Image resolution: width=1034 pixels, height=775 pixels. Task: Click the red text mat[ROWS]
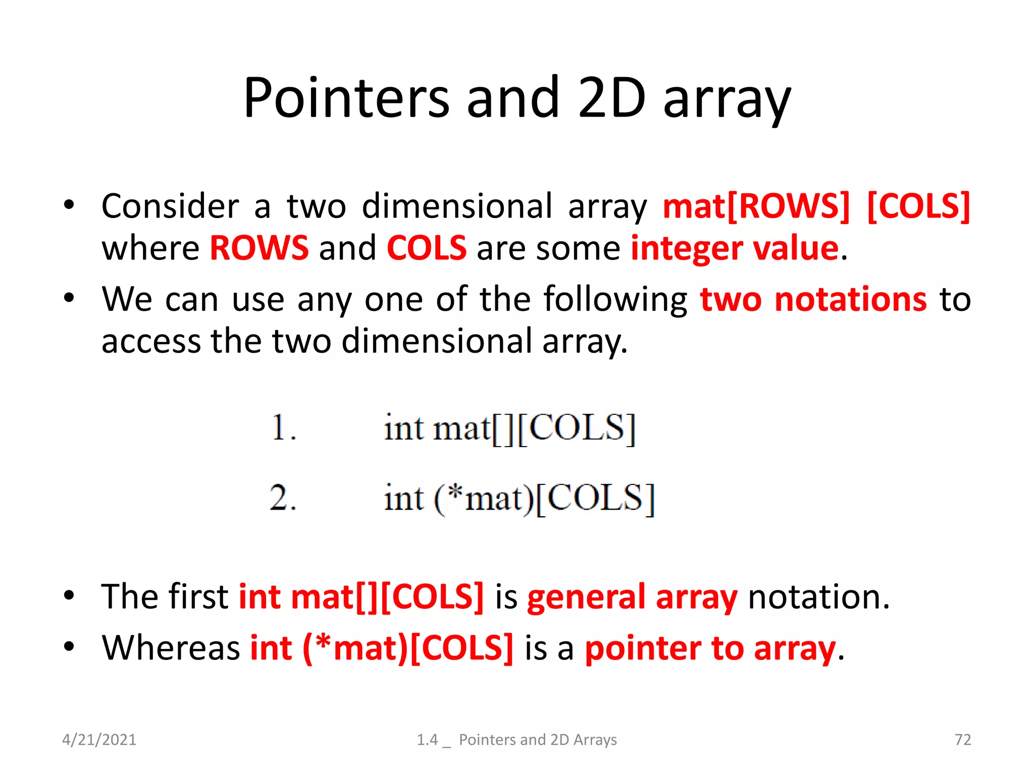[x=756, y=206]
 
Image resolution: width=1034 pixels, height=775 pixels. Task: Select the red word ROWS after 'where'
[x=259, y=248]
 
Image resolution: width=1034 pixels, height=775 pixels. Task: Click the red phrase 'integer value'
[x=735, y=248]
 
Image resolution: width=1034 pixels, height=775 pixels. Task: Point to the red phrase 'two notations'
[x=813, y=299]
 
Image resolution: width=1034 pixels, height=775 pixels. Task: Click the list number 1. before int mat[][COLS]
[x=283, y=428]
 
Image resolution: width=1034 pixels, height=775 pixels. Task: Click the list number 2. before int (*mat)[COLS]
[x=283, y=498]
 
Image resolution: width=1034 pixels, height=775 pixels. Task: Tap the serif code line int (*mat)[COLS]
[x=519, y=499]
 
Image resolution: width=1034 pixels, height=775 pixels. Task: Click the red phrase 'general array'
[x=632, y=597]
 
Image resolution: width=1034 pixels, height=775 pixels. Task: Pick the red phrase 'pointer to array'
[x=710, y=648]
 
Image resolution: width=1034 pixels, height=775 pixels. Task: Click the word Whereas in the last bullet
[x=171, y=648]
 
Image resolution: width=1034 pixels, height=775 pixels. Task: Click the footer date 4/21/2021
[x=99, y=740]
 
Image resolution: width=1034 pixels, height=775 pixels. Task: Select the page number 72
[x=962, y=740]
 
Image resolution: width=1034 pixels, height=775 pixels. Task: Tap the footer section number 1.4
[x=427, y=740]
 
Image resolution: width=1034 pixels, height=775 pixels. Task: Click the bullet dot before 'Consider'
[x=69, y=205]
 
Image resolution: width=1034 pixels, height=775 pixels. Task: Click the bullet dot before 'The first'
[x=69, y=595]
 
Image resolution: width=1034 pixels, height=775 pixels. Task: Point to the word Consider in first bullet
[x=170, y=206]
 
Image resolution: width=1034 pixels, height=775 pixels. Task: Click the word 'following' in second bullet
[x=615, y=299]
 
